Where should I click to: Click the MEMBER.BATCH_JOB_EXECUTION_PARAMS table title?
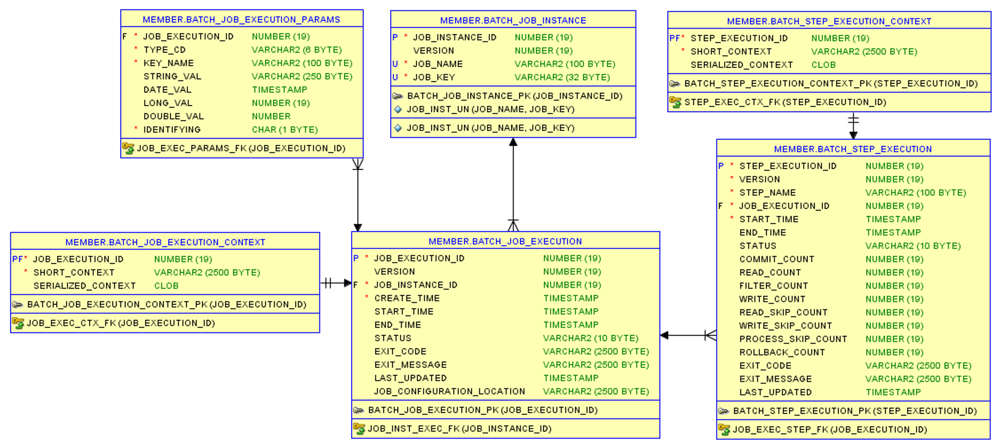point(241,19)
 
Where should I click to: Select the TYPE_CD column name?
point(164,50)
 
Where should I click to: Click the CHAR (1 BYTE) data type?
point(285,129)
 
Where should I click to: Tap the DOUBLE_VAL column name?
point(174,116)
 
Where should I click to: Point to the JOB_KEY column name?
point(434,77)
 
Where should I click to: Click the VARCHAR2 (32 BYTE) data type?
point(562,77)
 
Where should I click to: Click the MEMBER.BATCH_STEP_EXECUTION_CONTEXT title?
point(829,21)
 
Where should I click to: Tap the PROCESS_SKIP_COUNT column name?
point(793,339)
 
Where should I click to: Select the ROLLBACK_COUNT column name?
point(782,352)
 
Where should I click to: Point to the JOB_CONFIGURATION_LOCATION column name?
point(449,391)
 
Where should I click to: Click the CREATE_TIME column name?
point(407,298)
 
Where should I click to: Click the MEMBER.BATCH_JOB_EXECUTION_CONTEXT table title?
point(165,242)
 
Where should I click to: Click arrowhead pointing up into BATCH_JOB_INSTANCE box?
point(513,142)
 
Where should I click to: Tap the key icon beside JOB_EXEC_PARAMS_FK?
point(128,148)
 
